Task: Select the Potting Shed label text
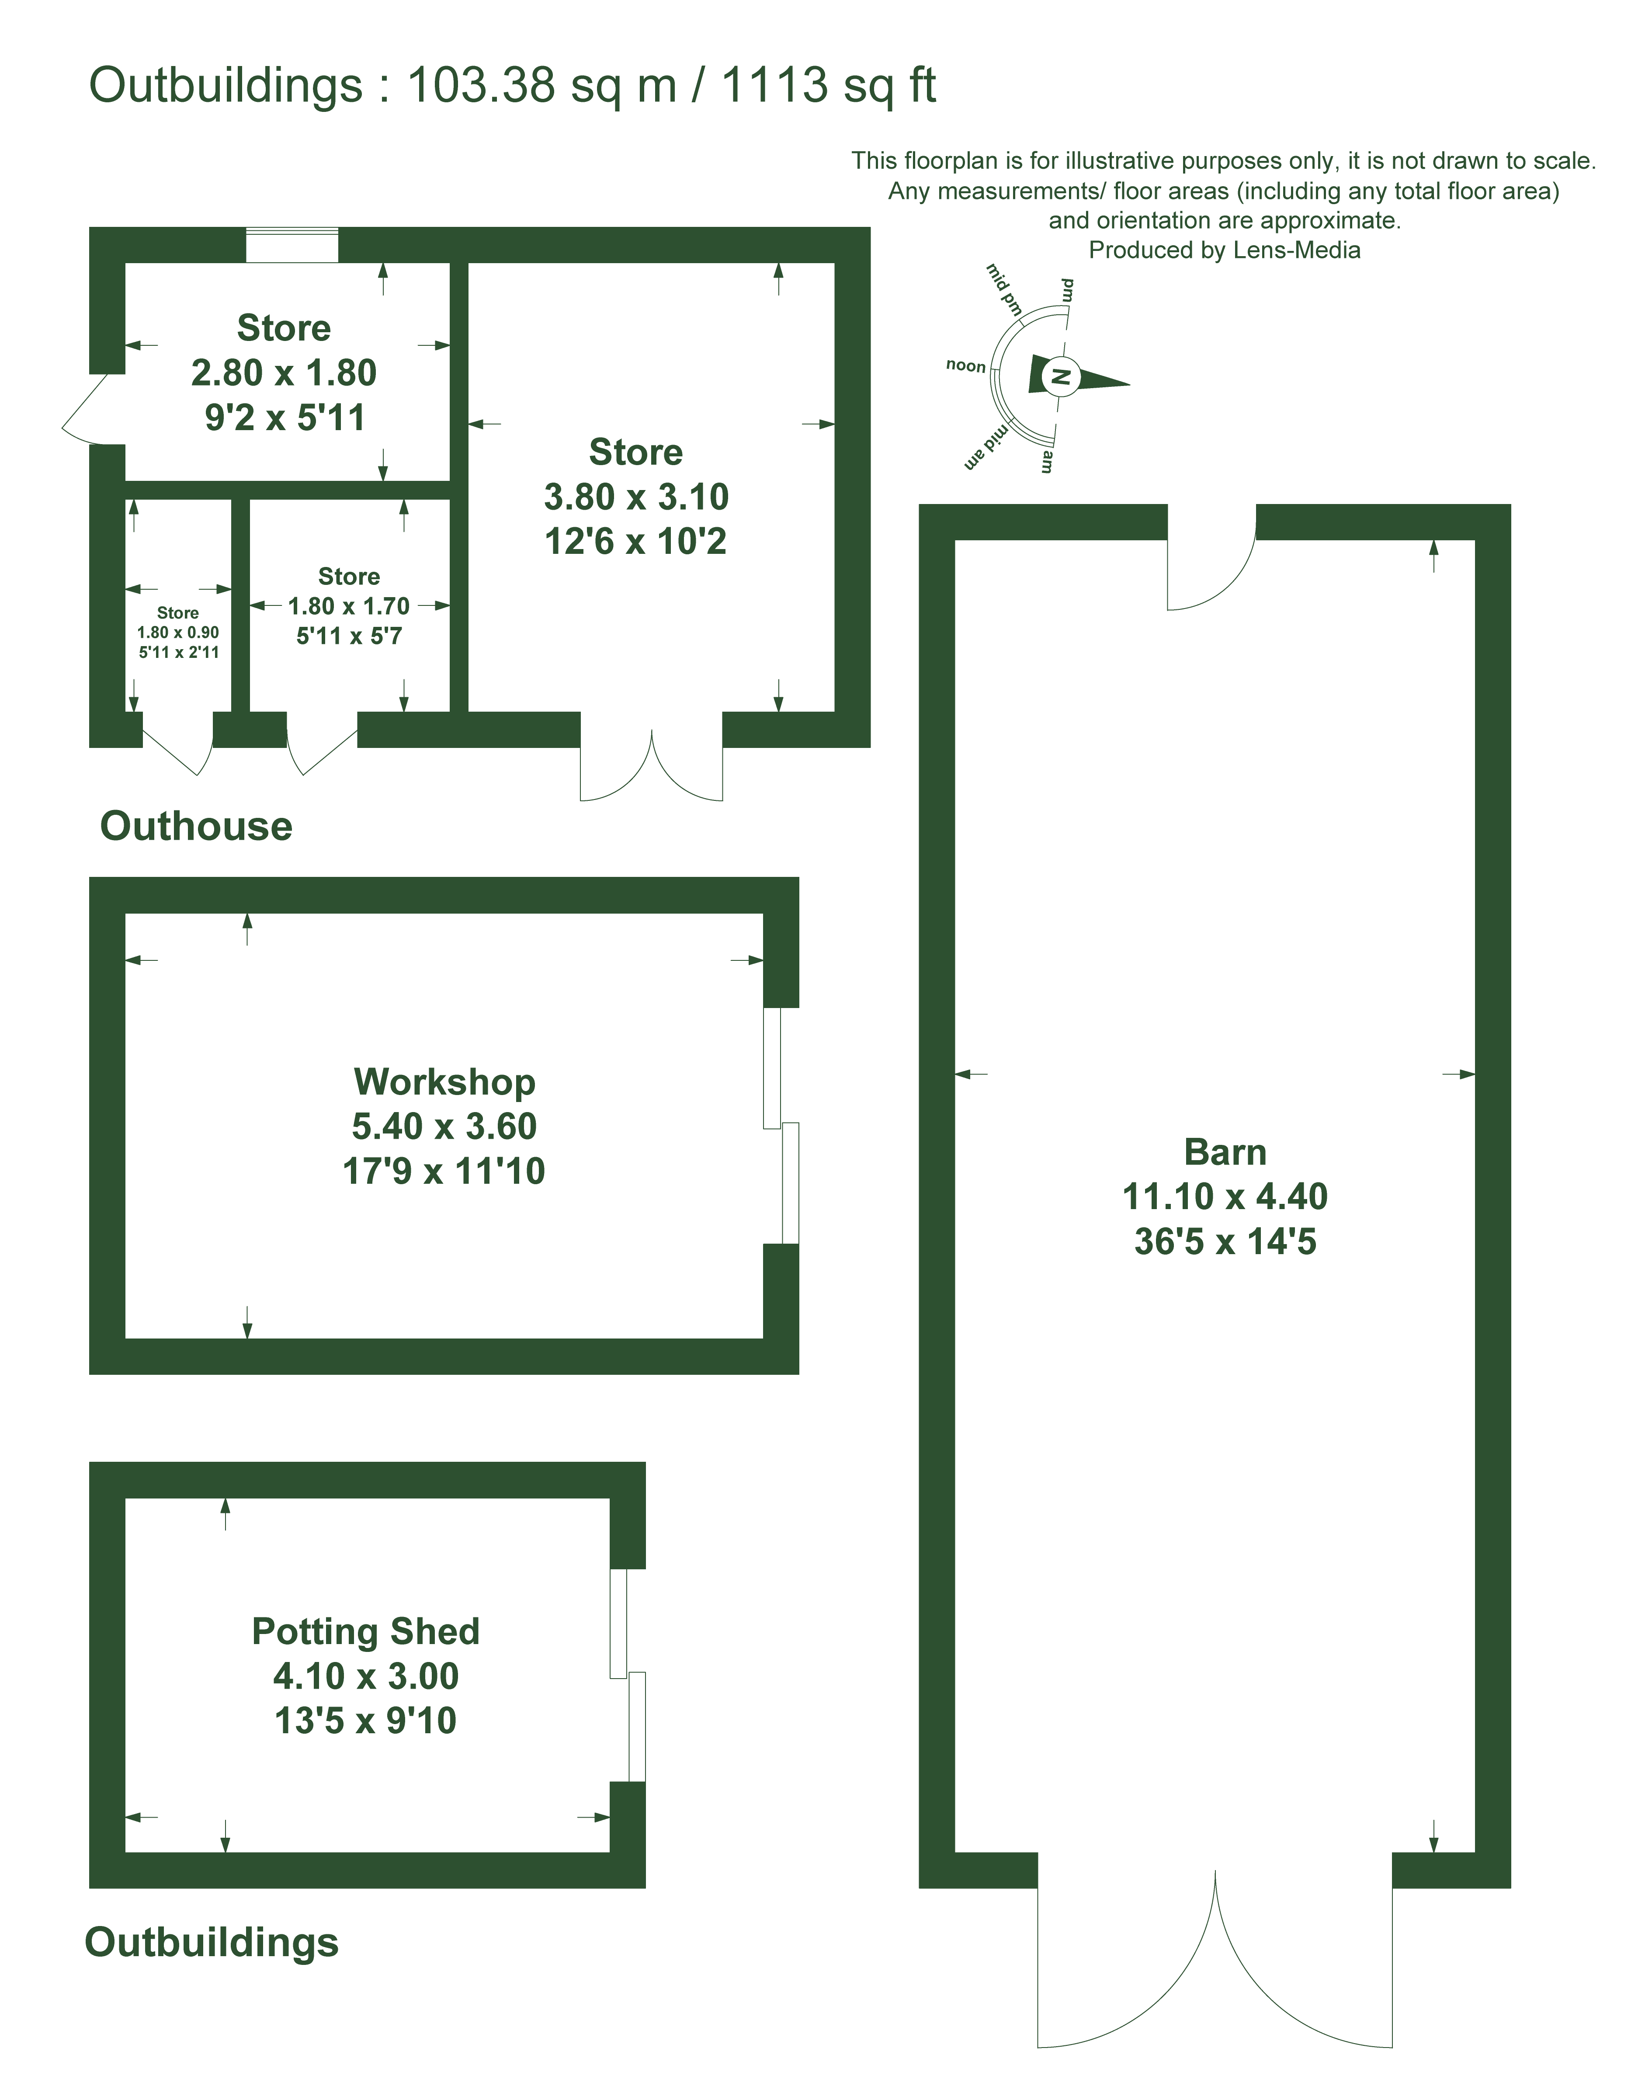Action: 366,1631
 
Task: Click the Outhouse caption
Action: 196,826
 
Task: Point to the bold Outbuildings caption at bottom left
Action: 212,1942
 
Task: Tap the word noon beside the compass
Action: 965,365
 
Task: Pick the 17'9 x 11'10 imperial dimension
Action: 444,1171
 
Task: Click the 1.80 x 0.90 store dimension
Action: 178,633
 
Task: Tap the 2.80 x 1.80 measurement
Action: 283,372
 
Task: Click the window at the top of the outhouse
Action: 292,245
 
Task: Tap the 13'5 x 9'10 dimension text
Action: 366,1721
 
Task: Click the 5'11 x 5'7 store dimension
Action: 349,636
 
